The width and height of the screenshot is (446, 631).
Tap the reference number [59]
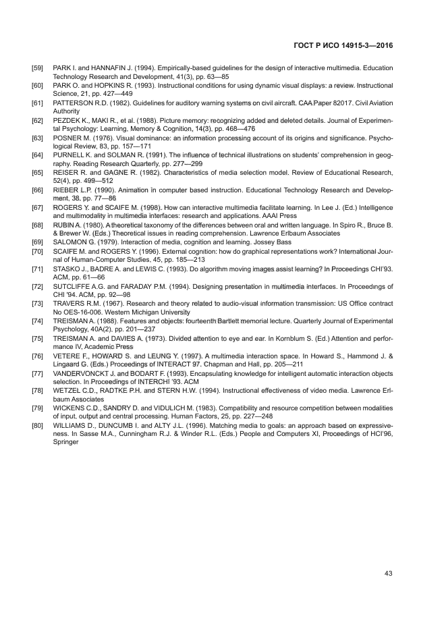(x=38, y=68)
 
